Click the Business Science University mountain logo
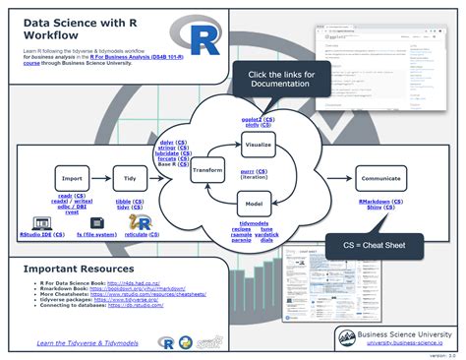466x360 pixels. [346, 337]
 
